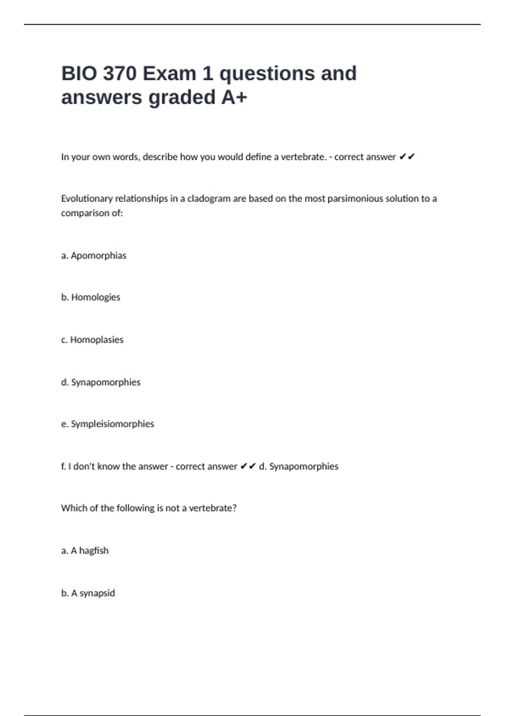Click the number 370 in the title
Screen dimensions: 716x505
tap(120, 74)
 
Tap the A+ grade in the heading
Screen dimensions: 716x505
tap(234, 97)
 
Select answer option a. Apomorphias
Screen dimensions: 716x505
tap(93, 256)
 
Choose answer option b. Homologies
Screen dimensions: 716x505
tap(90, 297)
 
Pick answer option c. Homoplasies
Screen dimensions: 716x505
tap(92, 340)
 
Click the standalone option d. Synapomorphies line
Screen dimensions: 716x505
tap(101, 382)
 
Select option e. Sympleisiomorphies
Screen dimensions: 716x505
tap(107, 424)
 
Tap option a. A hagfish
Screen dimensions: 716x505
tap(85, 551)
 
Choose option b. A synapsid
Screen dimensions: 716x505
tap(88, 593)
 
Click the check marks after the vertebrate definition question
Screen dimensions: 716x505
tap(407, 157)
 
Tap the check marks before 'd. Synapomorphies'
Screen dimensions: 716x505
tap(248, 467)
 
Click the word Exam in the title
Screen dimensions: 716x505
tap(169, 74)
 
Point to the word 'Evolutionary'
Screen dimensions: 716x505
tap(87, 199)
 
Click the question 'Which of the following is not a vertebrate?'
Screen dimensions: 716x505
tap(149, 508)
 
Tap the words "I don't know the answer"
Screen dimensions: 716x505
tap(118, 467)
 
